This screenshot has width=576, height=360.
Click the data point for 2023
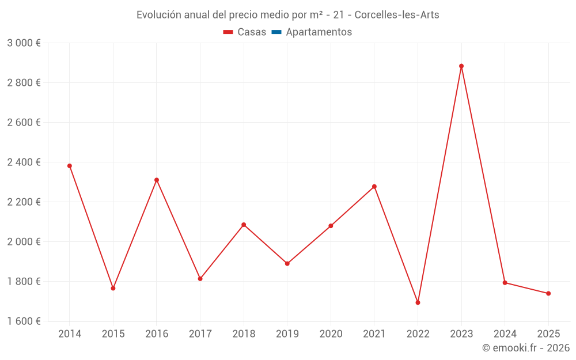[x=461, y=66]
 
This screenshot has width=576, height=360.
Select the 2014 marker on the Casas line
[x=70, y=166]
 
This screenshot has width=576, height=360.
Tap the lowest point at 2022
[x=418, y=302]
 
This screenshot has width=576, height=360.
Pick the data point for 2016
[x=157, y=180]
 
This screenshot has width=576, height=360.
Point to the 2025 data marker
[x=548, y=294]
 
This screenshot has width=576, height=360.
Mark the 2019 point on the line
[x=287, y=264]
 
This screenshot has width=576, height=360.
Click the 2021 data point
[x=374, y=187]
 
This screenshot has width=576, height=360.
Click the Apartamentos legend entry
[x=319, y=32]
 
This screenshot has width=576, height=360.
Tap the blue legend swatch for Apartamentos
[x=276, y=32]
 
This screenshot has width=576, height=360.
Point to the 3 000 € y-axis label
[x=24, y=43]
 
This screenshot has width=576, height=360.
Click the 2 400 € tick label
[x=24, y=162]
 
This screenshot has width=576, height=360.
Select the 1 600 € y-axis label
[x=24, y=321]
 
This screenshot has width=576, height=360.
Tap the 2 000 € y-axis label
[x=24, y=242]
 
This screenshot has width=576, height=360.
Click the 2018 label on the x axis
[x=244, y=334]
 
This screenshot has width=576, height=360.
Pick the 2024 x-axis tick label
[x=505, y=334]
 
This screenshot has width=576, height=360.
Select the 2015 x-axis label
[x=113, y=334]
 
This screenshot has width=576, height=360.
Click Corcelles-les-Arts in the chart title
[x=397, y=15]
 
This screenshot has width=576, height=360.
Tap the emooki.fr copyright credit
[x=526, y=348]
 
